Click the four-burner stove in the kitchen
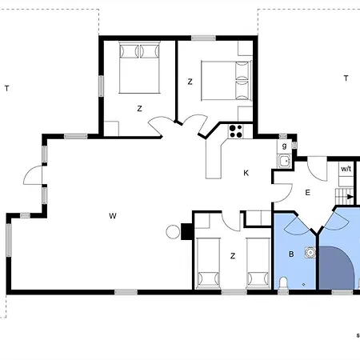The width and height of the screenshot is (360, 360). (x=236, y=131)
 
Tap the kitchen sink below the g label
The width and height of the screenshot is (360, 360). (x=285, y=162)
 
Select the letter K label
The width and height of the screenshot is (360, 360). (x=246, y=173)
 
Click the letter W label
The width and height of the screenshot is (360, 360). (x=113, y=216)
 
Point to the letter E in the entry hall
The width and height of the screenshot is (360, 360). (x=307, y=193)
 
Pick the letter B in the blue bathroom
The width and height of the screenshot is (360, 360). (x=291, y=254)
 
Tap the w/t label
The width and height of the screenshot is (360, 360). (x=346, y=169)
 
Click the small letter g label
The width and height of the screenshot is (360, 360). (x=284, y=146)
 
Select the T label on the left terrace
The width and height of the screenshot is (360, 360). (x=7, y=88)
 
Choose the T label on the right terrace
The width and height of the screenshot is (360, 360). (x=346, y=78)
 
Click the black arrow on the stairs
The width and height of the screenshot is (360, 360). (x=350, y=197)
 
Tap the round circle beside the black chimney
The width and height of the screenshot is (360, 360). (x=173, y=232)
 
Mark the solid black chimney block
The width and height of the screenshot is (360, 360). (x=186, y=231)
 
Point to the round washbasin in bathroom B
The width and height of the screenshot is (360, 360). (x=310, y=252)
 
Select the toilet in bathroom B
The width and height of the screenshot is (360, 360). (x=283, y=283)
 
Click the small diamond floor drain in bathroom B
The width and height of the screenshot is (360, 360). (x=303, y=285)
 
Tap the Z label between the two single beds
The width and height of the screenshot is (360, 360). (x=233, y=256)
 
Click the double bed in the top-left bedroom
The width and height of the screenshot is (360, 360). (x=139, y=67)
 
